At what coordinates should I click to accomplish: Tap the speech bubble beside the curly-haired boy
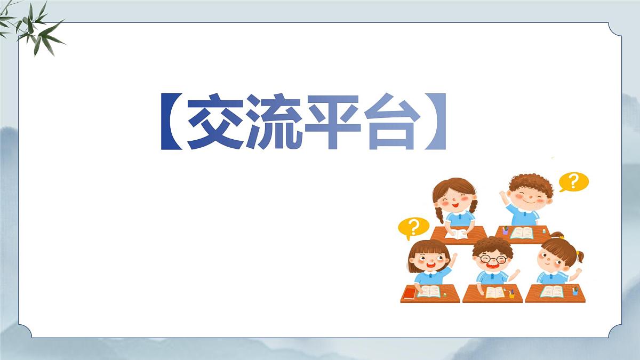tap(574, 182)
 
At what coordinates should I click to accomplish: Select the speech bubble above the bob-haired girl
tap(413, 228)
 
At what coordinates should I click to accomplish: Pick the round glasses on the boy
tap(493, 259)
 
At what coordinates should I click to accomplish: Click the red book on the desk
tap(410, 293)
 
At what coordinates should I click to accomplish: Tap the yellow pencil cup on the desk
tap(512, 294)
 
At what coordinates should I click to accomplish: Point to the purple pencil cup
tap(505, 231)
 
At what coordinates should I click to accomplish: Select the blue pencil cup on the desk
tap(575, 292)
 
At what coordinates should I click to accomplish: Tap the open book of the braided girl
tap(457, 234)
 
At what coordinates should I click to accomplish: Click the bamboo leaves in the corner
tap(35, 27)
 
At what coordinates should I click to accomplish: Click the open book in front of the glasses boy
tap(494, 292)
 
